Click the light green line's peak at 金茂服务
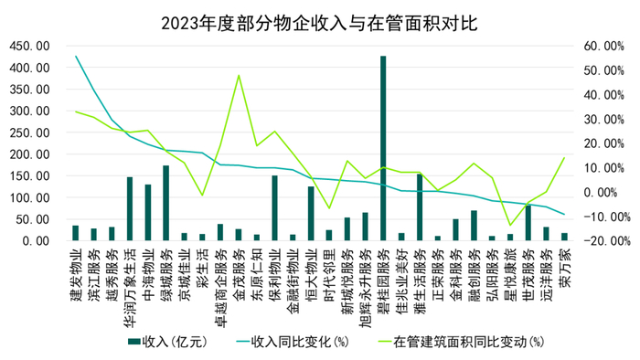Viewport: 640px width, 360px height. pyautogui.click(x=239, y=76)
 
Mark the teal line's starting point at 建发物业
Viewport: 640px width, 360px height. pyautogui.click(x=76, y=57)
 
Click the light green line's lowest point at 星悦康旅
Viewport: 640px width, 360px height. pyautogui.click(x=509, y=225)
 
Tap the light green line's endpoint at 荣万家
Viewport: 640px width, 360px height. pyautogui.click(x=564, y=158)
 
